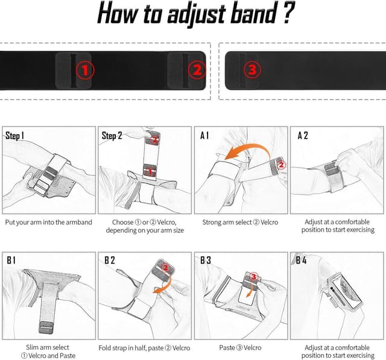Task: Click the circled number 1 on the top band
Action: [85, 70]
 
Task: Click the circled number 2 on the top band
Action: [197, 70]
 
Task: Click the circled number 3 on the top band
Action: [252, 70]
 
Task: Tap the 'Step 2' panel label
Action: [113, 136]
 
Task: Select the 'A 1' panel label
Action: [206, 136]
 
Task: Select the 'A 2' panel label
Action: [303, 136]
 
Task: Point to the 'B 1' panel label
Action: [11, 261]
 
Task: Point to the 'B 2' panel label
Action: [109, 261]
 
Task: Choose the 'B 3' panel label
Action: [206, 261]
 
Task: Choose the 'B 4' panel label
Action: [302, 261]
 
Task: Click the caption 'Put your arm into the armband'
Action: [49, 222]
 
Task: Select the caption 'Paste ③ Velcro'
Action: [241, 348]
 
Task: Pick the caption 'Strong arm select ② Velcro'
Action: [241, 222]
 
